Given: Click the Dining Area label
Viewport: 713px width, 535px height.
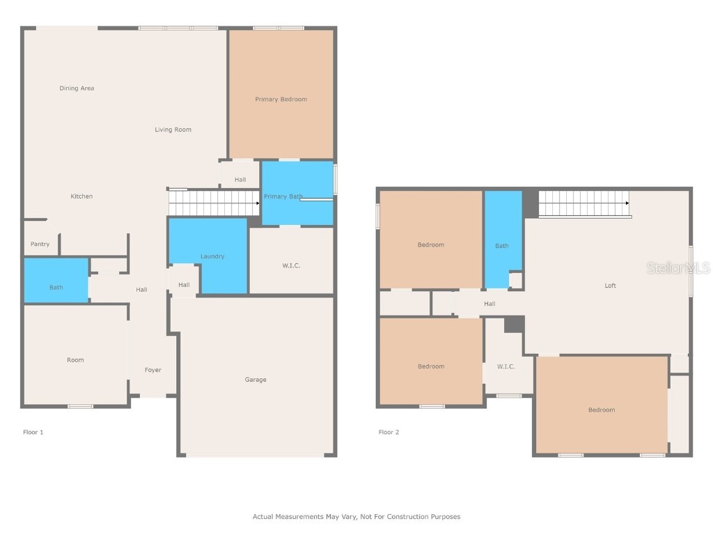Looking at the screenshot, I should pyautogui.click(x=77, y=88).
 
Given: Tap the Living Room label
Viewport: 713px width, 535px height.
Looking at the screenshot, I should pyautogui.click(x=173, y=130).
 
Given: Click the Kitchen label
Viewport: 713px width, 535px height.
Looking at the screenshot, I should pyautogui.click(x=81, y=196).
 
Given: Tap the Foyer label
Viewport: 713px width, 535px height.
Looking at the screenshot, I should pyautogui.click(x=153, y=370).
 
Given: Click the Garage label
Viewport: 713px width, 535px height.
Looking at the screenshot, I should pyautogui.click(x=256, y=380).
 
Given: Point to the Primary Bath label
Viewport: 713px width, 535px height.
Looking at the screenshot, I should pyautogui.click(x=283, y=196).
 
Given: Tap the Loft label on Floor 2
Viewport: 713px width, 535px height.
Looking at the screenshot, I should pyautogui.click(x=610, y=286).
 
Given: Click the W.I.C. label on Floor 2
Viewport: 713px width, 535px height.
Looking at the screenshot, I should pyautogui.click(x=506, y=366).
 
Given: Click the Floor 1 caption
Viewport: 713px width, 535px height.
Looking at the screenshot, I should pyautogui.click(x=33, y=432).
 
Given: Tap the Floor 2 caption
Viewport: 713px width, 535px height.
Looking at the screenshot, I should pyautogui.click(x=389, y=432).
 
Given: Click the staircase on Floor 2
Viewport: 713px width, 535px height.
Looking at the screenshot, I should pyautogui.click(x=583, y=203).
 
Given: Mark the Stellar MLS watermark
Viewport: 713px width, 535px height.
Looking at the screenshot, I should pyautogui.click(x=678, y=267).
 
